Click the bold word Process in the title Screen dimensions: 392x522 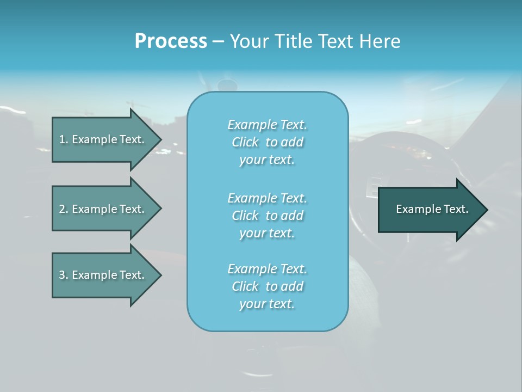(171, 41)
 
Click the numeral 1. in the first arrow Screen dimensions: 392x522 (64, 139)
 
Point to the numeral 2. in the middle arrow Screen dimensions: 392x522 (64, 209)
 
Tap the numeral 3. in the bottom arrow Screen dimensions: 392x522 (64, 275)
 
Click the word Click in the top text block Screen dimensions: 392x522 (245, 143)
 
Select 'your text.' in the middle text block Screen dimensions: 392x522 (267, 234)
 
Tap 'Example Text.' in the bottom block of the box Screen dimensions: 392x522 (267, 269)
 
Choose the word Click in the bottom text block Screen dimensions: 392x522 (245, 287)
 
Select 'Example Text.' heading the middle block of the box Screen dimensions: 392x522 (267, 198)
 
